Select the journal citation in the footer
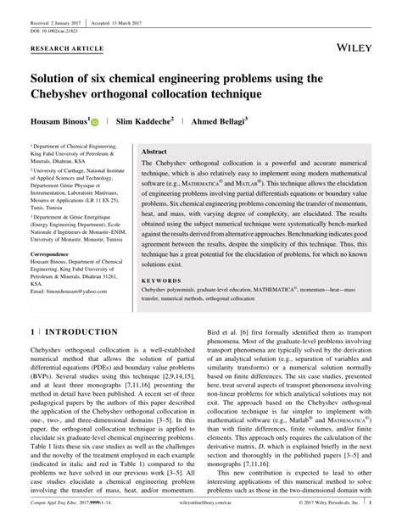pyautogui.click(x=76, y=517)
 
